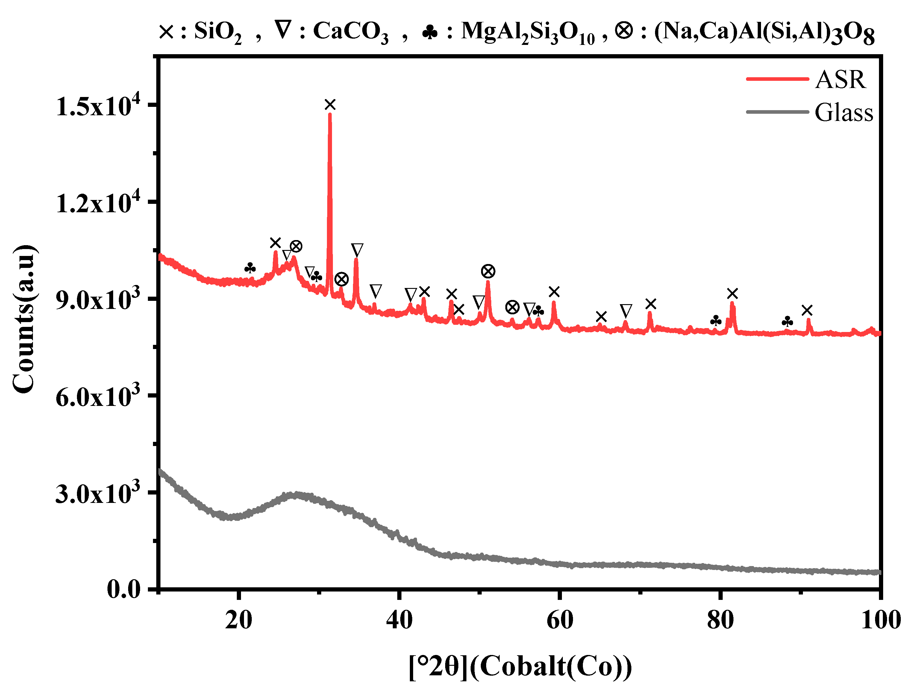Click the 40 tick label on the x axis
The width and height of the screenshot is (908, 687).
[399, 620]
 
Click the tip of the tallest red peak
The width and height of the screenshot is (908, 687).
[330, 114]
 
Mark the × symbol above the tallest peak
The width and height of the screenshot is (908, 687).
[330, 105]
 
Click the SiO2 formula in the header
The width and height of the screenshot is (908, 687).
[218, 32]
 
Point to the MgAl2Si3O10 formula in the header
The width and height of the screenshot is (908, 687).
[527, 32]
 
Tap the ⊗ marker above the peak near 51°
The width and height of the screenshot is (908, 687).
[488, 271]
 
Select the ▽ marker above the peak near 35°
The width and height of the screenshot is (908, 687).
[357, 250]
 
